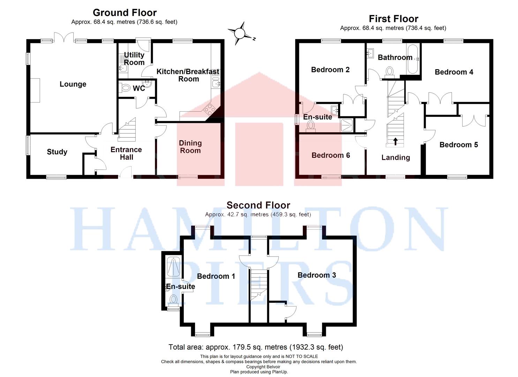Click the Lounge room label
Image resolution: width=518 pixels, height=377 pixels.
click(73, 84)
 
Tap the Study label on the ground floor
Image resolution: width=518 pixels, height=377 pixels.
click(57, 152)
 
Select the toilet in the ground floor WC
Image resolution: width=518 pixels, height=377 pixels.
click(125, 88)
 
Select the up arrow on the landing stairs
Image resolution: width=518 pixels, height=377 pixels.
click(395, 141)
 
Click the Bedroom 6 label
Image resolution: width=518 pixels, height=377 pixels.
click(331, 155)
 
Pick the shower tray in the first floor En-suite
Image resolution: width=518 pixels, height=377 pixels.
click(346, 125)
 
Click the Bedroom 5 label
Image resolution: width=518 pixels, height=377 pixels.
click(459, 145)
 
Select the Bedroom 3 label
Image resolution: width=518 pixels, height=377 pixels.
click(317, 275)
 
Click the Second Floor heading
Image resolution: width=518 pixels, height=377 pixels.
click(258, 205)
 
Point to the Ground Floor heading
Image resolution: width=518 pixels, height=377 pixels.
click(125, 13)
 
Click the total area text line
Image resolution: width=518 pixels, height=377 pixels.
click(256, 347)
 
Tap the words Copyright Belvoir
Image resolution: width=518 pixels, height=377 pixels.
click(263, 367)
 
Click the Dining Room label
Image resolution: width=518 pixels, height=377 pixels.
click(190, 147)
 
